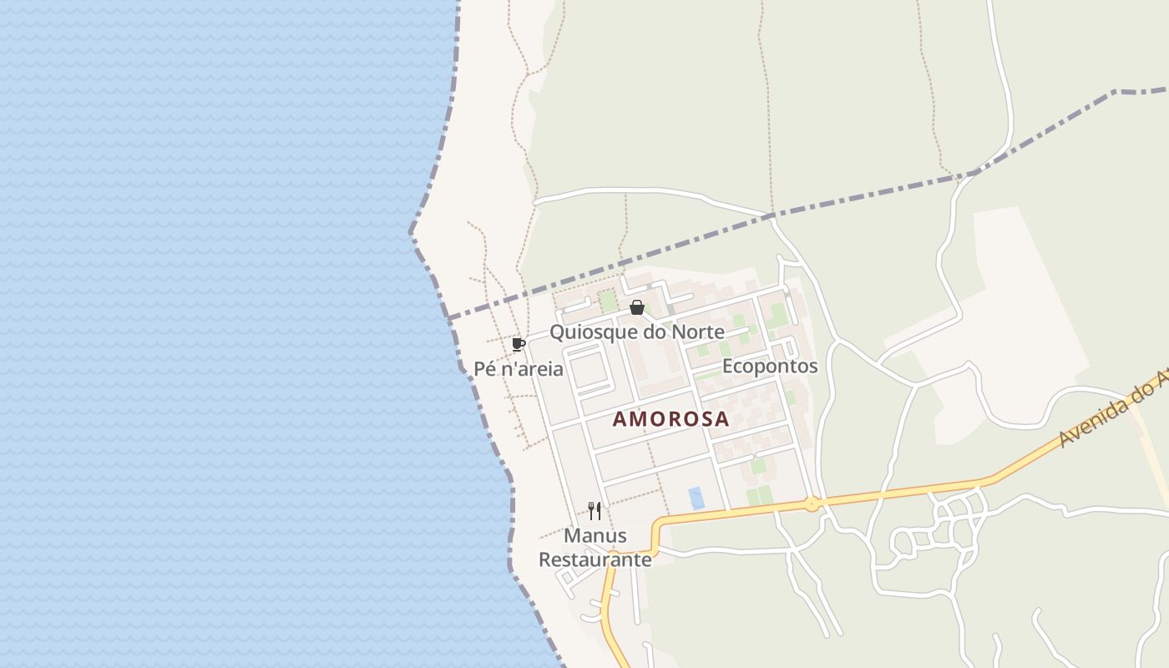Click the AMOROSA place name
click(671, 419)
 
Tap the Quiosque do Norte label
click(636, 332)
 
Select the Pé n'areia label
click(519, 368)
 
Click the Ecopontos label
click(769, 367)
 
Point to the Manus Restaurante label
click(595, 547)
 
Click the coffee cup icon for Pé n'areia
click(518, 344)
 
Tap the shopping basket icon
click(637, 307)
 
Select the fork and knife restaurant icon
click(595, 510)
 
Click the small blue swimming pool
click(696, 498)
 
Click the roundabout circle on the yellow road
click(811, 504)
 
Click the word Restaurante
click(595, 559)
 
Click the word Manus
click(595, 535)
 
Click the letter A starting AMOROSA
click(620, 419)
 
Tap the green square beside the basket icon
click(608, 301)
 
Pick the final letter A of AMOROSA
click(721, 419)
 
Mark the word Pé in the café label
click(485, 368)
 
